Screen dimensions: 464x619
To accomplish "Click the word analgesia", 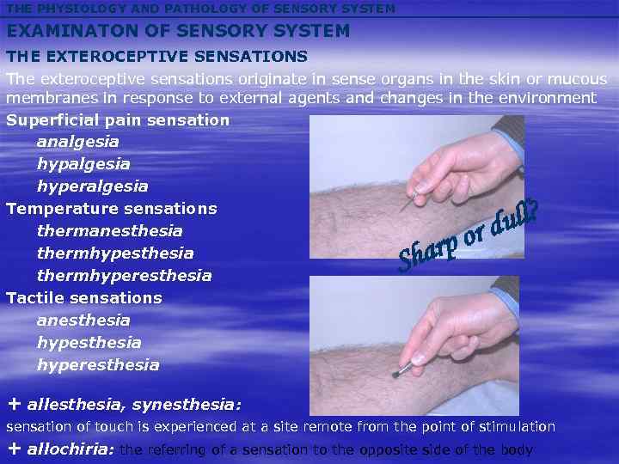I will pyautogui.click(x=77, y=141).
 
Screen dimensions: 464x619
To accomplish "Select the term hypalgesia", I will pyautogui.click(x=83, y=163).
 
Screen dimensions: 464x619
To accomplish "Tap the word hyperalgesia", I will pyautogui.click(x=92, y=186).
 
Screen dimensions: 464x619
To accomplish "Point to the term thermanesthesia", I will pyautogui.click(x=109, y=230).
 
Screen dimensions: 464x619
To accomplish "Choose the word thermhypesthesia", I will pyautogui.click(x=114, y=253).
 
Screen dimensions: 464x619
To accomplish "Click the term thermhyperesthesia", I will pyautogui.click(x=124, y=275).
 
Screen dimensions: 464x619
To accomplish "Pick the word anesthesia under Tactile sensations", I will pyautogui.click(x=83, y=320).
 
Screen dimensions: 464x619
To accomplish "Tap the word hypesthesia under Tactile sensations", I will pyautogui.click(x=89, y=342).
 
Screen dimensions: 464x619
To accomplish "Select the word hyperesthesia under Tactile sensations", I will pyautogui.click(x=98, y=364).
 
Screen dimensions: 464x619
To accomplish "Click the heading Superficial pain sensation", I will pyautogui.click(x=118, y=119).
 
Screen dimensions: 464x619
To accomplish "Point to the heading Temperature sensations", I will pyautogui.click(x=111, y=208).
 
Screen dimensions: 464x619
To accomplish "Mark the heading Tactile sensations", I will pyautogui.click(x=83, y=297).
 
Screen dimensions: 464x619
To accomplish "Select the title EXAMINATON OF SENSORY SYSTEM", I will pyautogui.click(x=178, y=31).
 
